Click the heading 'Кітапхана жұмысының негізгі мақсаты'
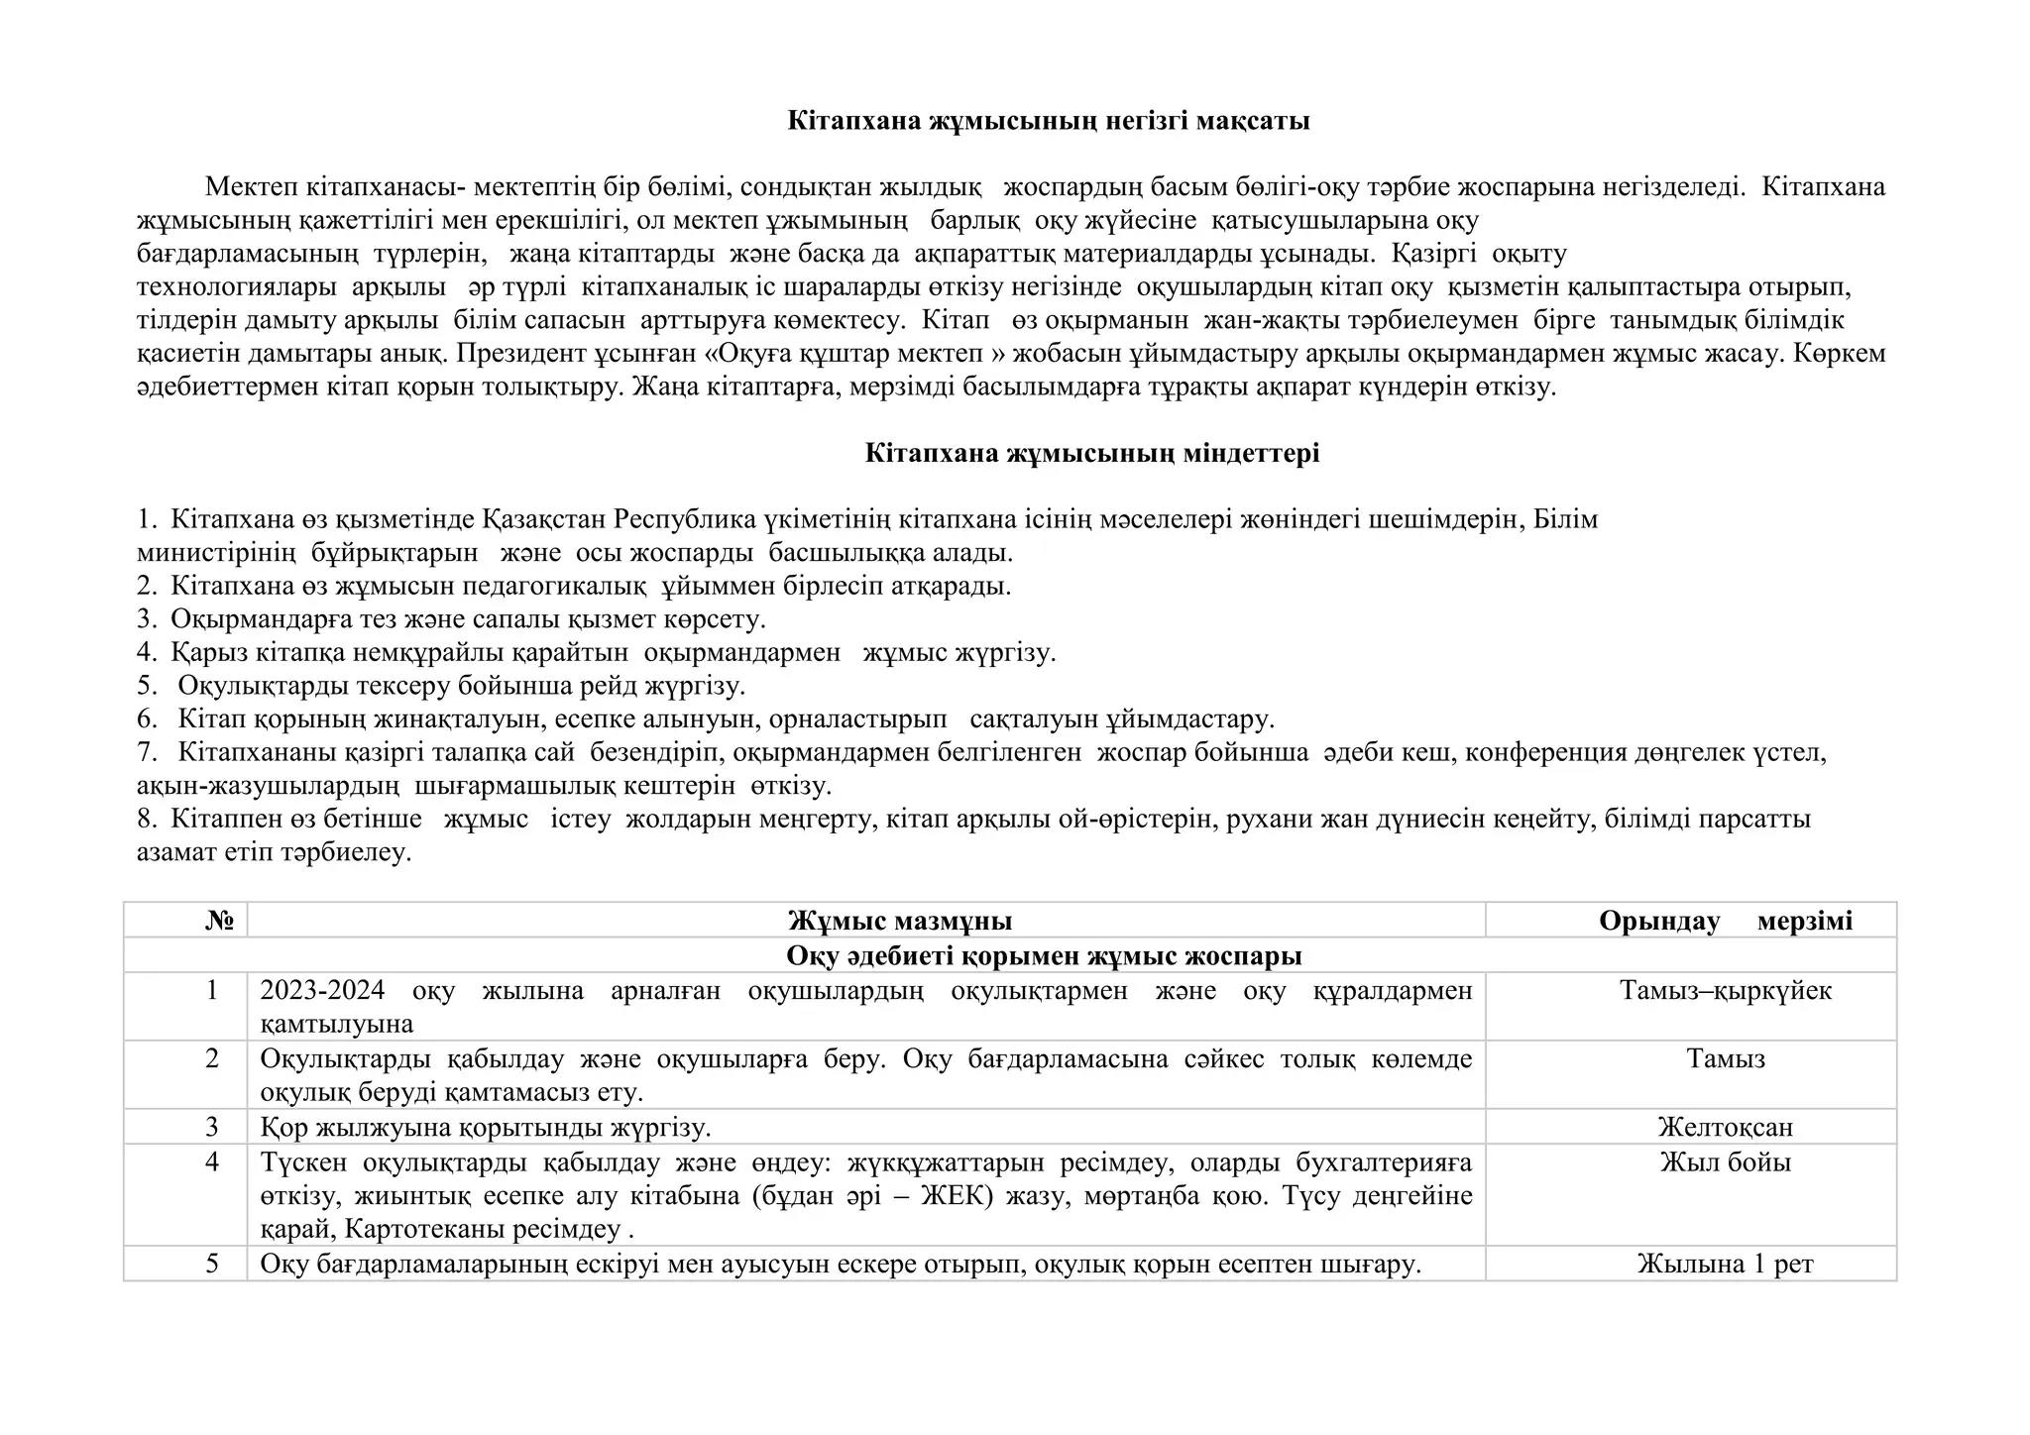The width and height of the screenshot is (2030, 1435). click(1048, 121)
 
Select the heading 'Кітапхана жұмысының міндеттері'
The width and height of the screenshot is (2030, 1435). click(1091, 454)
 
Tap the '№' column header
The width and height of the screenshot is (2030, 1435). click(219, 921)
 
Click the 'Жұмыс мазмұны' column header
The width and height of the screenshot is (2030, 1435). click(900, 921)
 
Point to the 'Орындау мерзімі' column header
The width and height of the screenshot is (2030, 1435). click(1725, 921)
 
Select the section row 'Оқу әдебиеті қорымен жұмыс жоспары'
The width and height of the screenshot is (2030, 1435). click(1043, 955)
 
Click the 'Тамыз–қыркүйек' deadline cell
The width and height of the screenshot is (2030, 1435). click(1725, 990)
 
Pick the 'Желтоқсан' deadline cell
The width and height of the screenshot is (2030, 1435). click(1725, 1127)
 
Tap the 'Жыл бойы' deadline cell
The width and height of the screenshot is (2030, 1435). click(1725, 1161)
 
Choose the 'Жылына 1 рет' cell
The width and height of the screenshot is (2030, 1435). click(1725, 1264)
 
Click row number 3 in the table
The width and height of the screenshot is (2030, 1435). click(211, 1127)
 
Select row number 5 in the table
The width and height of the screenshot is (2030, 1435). click(211, 1264)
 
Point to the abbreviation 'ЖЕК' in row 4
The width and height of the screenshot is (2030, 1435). click(957, 1196)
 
